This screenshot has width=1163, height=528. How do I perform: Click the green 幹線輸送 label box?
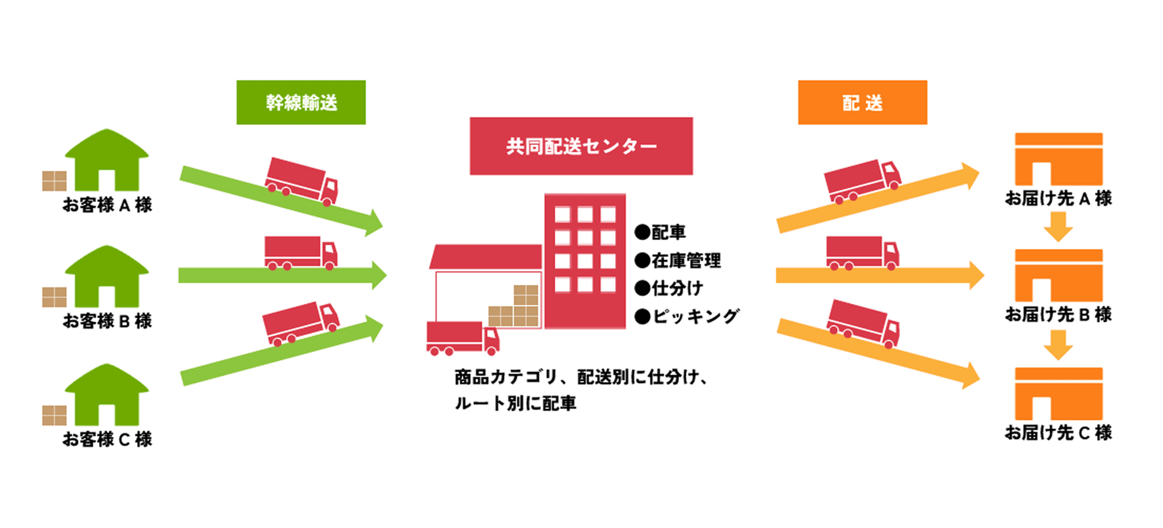[x=301, y=102]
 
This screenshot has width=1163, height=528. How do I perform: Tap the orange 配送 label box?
[x=862, y=102]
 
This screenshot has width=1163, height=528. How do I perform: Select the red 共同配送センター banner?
[x=581, y=146]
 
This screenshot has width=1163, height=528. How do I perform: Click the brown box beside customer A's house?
[x=54, y=181]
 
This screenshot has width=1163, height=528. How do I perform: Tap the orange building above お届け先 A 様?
[x=1058, y=159]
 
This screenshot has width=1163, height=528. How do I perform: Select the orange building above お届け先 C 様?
[x=1058, y=394]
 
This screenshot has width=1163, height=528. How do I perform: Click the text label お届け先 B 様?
[x=1058, y=315]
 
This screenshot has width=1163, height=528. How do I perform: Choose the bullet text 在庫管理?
[x=686, y=260]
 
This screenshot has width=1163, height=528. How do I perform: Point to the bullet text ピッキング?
[x=695, y=316]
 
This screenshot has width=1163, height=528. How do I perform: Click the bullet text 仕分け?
[x=677, y=288]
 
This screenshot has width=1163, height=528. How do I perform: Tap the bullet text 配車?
[x=668, y=232]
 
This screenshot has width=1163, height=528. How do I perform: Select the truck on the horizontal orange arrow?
[x=862, y=253]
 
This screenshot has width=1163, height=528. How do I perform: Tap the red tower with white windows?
[x=585, y=261]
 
